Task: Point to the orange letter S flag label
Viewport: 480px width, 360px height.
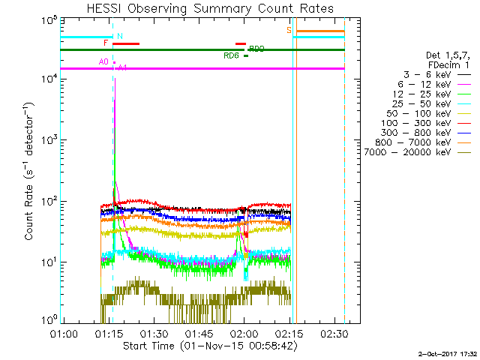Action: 289,30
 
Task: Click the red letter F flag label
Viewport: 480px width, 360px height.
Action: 106,43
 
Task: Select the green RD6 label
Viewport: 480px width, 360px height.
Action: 231,55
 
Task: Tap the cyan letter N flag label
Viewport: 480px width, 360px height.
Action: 120,36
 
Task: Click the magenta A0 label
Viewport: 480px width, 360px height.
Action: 103,61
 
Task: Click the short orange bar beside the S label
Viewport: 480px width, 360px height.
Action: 319,31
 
